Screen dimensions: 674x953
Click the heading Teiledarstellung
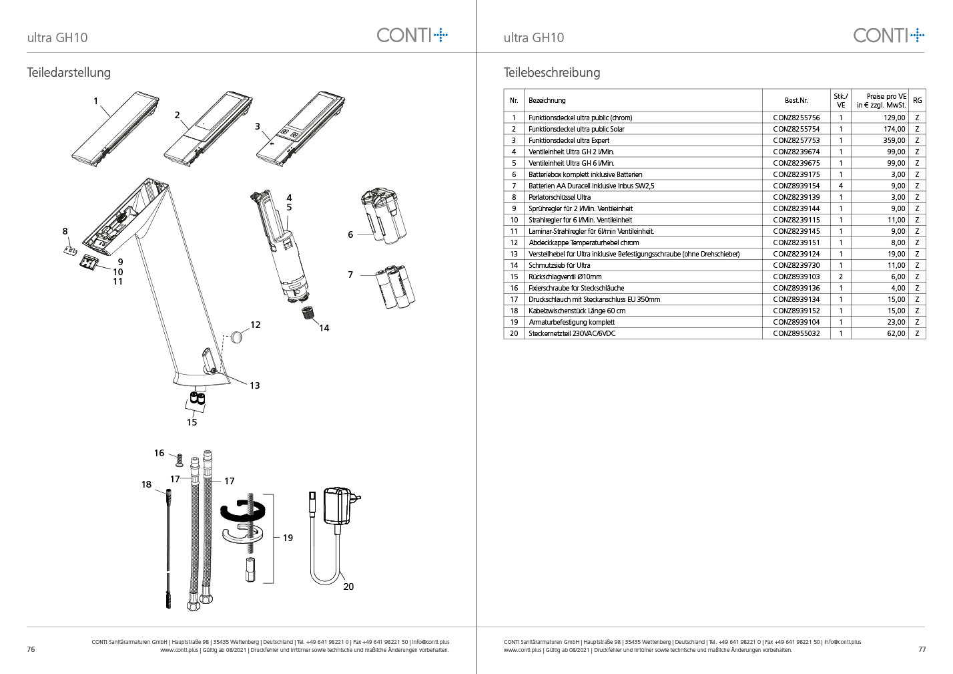point(69,72)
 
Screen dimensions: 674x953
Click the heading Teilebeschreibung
point(552,72)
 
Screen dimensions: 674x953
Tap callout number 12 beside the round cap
point(255,325)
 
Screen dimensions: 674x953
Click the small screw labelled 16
point(179,460)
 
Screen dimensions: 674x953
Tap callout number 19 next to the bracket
point(288,538)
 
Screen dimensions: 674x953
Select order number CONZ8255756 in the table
point(796,118)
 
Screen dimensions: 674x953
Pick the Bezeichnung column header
point(547,100)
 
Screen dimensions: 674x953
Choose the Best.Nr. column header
point(796,100)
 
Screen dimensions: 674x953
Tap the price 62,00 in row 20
point(896,333)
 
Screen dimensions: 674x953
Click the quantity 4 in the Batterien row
point(840,186)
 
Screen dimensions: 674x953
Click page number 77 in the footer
point(922,649)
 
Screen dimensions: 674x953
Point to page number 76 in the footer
point(31,649)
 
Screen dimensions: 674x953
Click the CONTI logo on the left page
point(412,35)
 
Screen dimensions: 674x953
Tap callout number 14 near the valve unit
point(324,328)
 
